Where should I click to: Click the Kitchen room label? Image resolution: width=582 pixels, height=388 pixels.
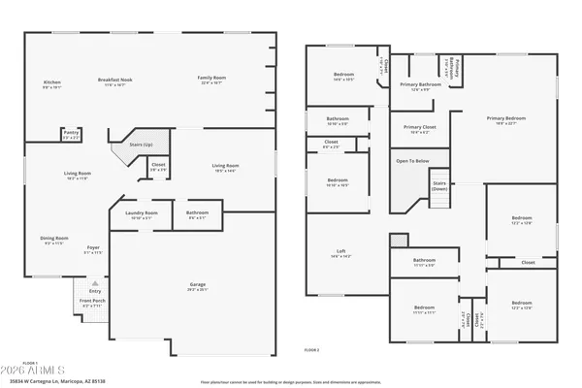[x=52, y=82]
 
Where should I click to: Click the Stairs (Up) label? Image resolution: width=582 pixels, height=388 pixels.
[x=128, y=145]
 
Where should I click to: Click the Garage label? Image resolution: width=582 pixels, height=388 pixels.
[x=197, y=285]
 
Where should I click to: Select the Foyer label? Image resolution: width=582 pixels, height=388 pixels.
[x=93, y=248]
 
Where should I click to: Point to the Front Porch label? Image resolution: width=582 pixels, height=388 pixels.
[x=92, y=303]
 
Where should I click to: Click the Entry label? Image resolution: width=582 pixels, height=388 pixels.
[x=94, y=291]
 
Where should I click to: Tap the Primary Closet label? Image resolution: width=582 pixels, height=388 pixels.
[x=419, y=127]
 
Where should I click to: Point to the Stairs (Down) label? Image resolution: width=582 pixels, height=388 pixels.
[x=439, y=185]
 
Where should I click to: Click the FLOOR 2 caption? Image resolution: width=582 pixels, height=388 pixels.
[x=311, y=349]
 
